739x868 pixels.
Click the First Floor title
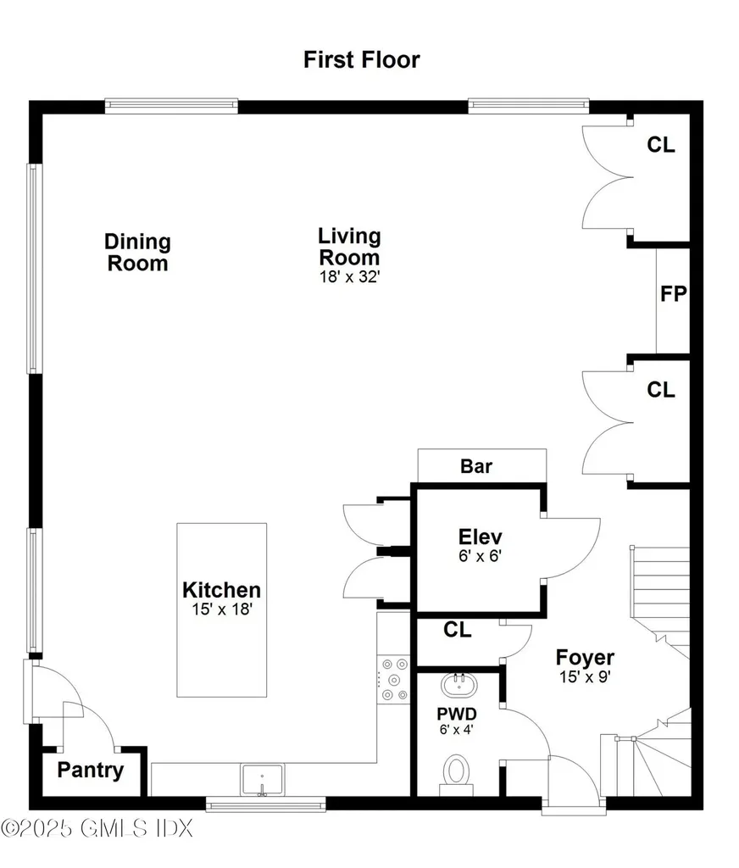click(x=362, y=60)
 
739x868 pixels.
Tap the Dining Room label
click(x=137, y=253)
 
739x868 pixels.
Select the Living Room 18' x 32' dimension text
click(x=349, y=277)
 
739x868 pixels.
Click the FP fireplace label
click(x=673, y=293)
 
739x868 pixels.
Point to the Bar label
click(x=476, y=466)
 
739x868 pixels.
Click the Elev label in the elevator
click(x=480, y=537)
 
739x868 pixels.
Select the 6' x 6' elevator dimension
click(x=480, y=556)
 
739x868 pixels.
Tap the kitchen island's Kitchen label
click(x=221, y=590)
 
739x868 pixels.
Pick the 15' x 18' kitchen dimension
click(x=222, y=609)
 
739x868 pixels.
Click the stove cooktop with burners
click(x=393, y=679)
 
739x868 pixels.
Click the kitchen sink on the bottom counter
click(x=263, y=780)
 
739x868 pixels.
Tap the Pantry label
click(x=90, y=771)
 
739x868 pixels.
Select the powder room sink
click(x=458, y=685)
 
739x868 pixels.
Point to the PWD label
click(x=457, y=714)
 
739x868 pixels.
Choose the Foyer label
click(x=585, y=658)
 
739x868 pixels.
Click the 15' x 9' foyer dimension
click(x=585, y=677)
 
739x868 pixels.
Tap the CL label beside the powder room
click(x=458, y=630)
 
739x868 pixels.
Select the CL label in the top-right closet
click(x=661, y=145)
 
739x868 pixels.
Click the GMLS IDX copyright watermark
click(x=97, y=829)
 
